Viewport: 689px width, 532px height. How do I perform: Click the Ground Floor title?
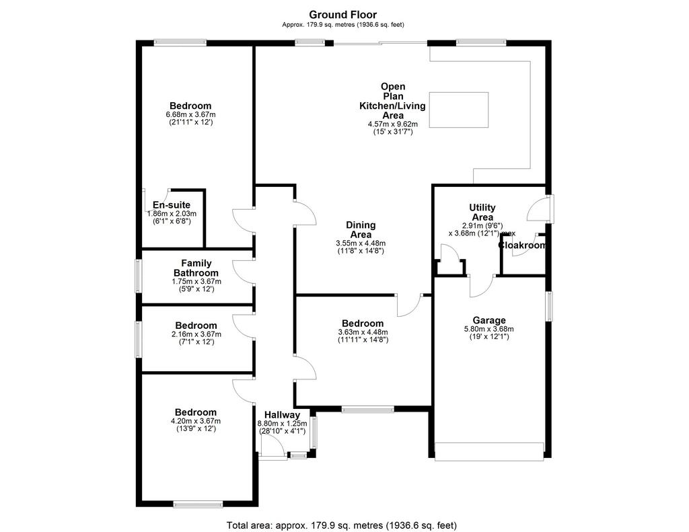[x=342, y=15]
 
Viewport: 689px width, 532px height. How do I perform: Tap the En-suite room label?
[x=172, y=204]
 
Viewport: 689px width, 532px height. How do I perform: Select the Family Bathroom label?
[x=196, y=268]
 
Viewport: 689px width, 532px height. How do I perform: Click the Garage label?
[x=489, y=320]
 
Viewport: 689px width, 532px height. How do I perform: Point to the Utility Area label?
[x=482, y=212]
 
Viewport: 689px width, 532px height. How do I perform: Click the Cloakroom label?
[x=522, y=245]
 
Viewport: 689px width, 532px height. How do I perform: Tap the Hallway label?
[x=282, y=415]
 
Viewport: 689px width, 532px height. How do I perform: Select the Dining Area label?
[x=361, y=230]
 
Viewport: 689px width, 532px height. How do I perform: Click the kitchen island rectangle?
[x=459, y=110]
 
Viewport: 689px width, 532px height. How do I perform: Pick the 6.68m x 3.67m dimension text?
[x=190, y=114]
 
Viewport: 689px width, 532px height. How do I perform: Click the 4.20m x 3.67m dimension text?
[x=196, y=421]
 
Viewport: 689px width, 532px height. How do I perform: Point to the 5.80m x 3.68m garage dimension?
[x=489, y=329]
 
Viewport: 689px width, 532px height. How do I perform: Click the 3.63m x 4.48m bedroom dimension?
[x=363, y=332]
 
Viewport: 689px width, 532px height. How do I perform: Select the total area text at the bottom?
[x=342, y=525]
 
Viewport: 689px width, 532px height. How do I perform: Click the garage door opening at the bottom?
[x=489, y=451]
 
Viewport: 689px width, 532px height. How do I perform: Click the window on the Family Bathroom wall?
[x=138, y=276]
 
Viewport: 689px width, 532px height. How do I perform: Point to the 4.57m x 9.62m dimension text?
[x=393, y=124]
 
